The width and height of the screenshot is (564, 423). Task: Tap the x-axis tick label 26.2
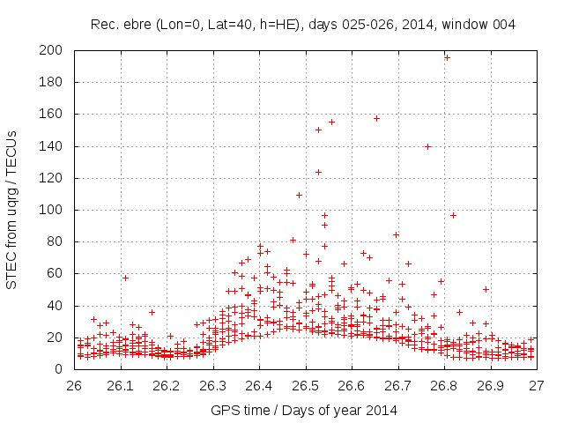tap(167, 385)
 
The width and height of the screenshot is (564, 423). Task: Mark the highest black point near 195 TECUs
tap(447, 57)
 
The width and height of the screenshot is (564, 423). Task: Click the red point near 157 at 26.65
tap(376, 118)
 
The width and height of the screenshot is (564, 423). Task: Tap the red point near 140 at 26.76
tap(427, 146)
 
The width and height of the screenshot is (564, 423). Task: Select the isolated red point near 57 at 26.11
tap(125, 278)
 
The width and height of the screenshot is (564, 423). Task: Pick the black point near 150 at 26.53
tap(318, 130)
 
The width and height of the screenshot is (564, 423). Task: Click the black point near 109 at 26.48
tap(299, 195)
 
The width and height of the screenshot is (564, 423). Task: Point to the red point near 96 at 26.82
tap(453, 215)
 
